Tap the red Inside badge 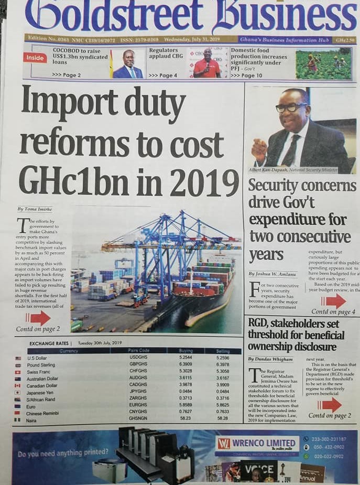coord(34,58)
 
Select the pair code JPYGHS coord(138,391)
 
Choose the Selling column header coord(223,351)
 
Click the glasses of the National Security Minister coord(291,107)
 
